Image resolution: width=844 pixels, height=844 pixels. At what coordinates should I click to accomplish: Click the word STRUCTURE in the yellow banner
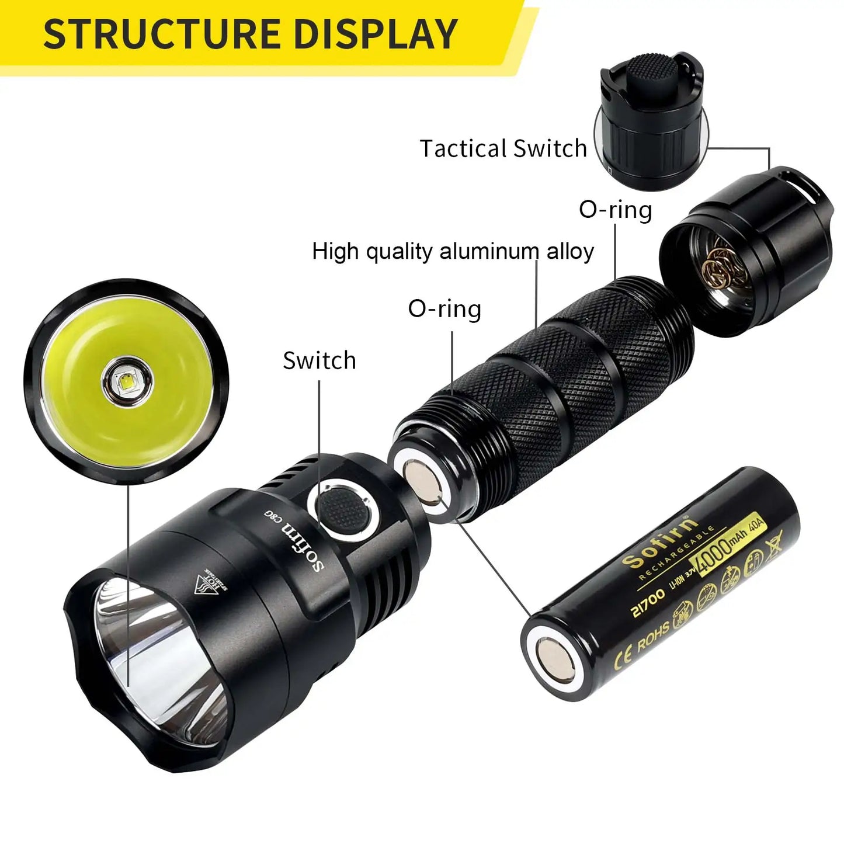click(x=163, y=33)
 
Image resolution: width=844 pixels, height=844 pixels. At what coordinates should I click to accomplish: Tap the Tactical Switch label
click(x=503, y=148)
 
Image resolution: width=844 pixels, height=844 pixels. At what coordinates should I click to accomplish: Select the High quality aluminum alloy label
click(x=453, y=251)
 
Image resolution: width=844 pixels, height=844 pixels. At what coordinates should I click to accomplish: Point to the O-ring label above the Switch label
click(x=444, y=308)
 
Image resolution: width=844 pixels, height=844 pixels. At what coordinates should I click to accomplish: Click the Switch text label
click(x=319, y=360)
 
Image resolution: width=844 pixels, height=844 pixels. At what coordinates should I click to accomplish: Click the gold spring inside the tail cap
click(x=724, y=269)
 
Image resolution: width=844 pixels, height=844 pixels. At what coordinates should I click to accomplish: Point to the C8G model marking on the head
click(x=269, y=514)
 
